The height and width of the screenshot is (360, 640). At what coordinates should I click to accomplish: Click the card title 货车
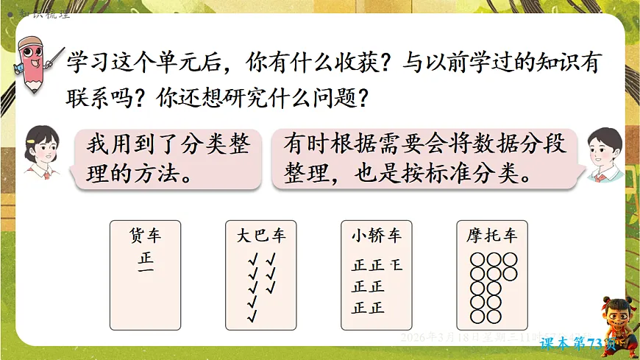pos(145,236)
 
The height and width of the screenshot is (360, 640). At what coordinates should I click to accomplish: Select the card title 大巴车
pos(261,236)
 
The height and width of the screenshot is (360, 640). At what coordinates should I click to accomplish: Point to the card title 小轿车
pos(376,236)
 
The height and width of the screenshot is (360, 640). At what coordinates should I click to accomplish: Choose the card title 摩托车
pos(491,236)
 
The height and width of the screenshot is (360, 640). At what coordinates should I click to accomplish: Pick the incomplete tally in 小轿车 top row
pos(397,264)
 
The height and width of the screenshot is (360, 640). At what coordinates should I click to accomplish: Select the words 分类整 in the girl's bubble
pos(213,144)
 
